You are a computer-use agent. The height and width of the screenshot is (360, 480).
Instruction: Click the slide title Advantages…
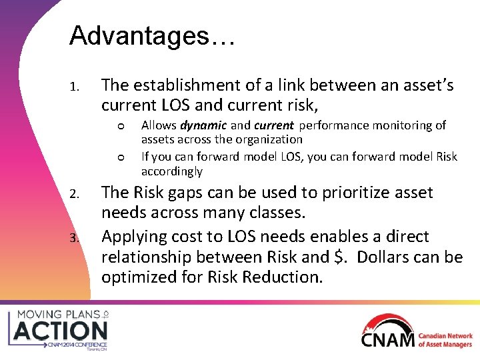click(x=151, y=36)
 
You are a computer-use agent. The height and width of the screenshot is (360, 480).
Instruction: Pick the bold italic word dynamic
click(x=204, y=125)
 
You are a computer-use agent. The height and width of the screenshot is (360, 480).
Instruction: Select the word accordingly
click(x=172, y=171)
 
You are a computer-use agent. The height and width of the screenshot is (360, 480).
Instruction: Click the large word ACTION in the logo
click(x=61, y=330)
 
